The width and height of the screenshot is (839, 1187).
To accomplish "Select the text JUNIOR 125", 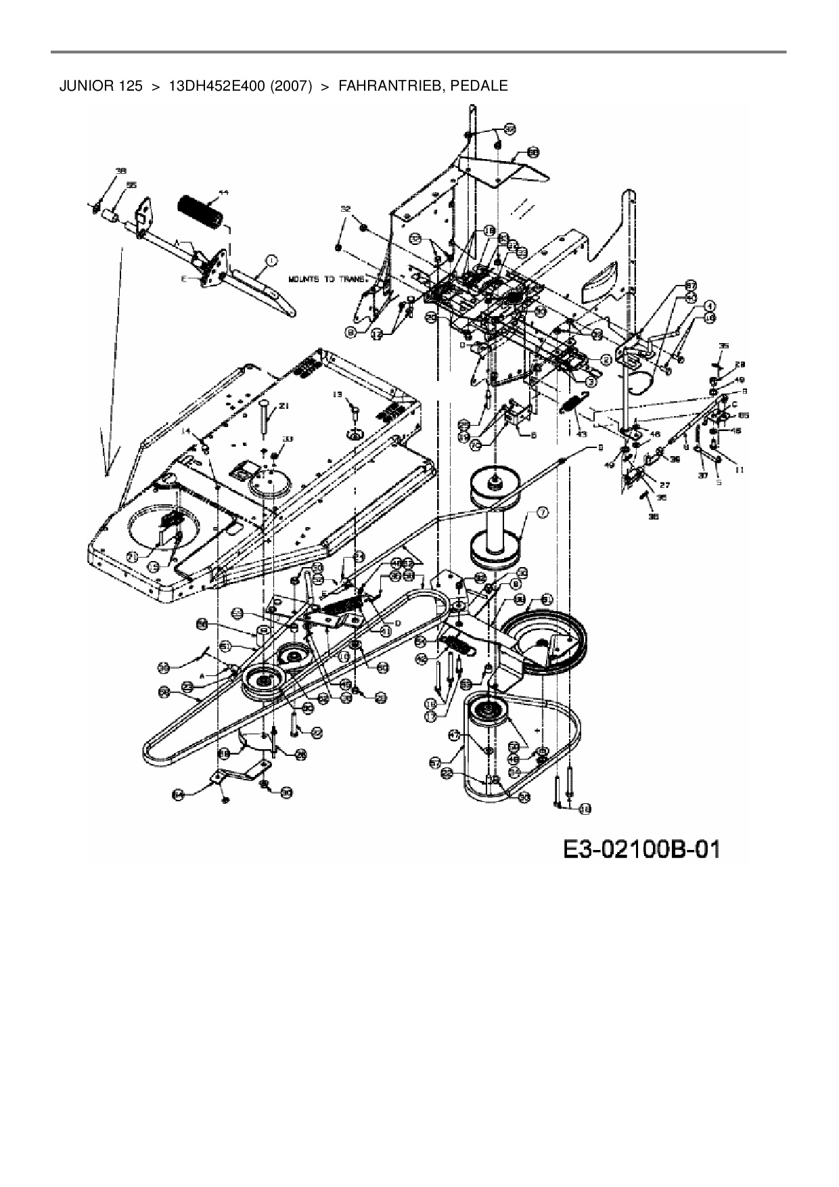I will (x=101, y=86).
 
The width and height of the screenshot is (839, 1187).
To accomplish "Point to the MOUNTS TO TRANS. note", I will (x=325, y=278).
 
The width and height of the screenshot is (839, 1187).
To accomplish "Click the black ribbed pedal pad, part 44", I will (x=201, y=211).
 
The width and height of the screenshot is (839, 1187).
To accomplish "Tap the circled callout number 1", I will (x=271, y=260).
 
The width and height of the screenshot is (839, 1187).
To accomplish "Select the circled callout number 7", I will (x=543, y=512).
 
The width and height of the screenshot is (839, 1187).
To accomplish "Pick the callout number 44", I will (x=223, y=193).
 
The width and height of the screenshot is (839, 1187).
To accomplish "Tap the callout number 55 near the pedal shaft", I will (x=131, y=185).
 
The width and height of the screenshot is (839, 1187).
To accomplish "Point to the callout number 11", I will (x=739, y=468).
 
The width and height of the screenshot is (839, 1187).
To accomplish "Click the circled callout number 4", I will (x=710, y=305).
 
